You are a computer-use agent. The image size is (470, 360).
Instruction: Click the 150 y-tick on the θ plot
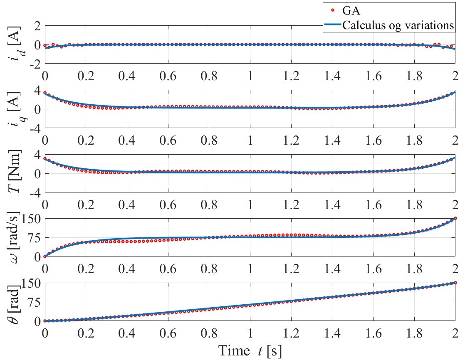click(x=29, y=284)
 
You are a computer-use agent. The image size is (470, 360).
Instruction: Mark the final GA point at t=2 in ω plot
click(x=455, y=218)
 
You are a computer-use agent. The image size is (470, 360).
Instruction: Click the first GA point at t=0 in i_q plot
click(x=45, y=93)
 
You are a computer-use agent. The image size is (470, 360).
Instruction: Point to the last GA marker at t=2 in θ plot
click(x=455, y=283)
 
